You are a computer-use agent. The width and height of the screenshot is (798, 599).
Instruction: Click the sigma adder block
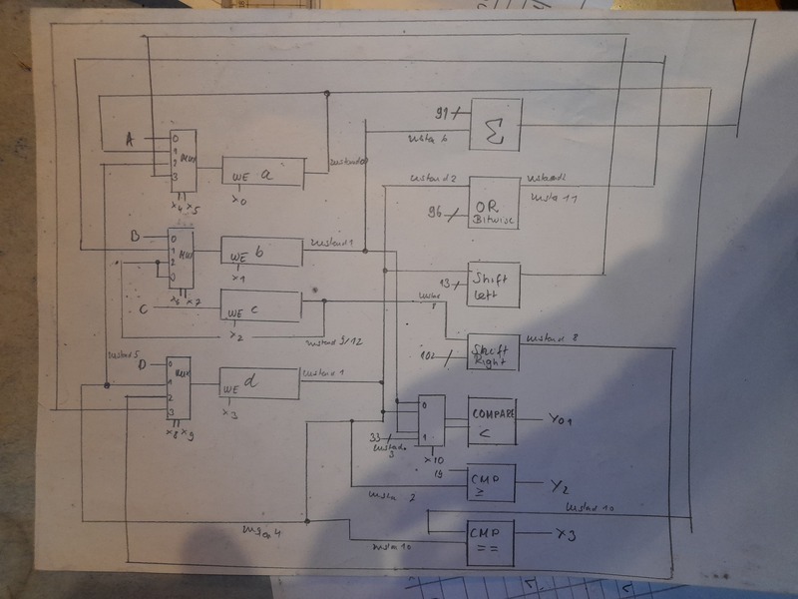click(x=496, y=126)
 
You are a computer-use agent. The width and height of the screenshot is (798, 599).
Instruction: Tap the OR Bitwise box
click(x=494, y=204)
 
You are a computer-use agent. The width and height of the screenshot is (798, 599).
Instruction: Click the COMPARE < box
click(x=493, y=421)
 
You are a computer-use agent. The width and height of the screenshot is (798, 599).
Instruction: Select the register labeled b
click(x=260, y=252)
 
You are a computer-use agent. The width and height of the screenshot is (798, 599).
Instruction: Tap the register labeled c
click(x=260, y=306)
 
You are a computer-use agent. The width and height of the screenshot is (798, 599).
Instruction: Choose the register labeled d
click(x=259, y=383)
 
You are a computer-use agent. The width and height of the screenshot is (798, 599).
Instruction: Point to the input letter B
click(x=136, y=238)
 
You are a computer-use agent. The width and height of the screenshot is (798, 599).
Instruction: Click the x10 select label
click(x=434, y=460)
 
